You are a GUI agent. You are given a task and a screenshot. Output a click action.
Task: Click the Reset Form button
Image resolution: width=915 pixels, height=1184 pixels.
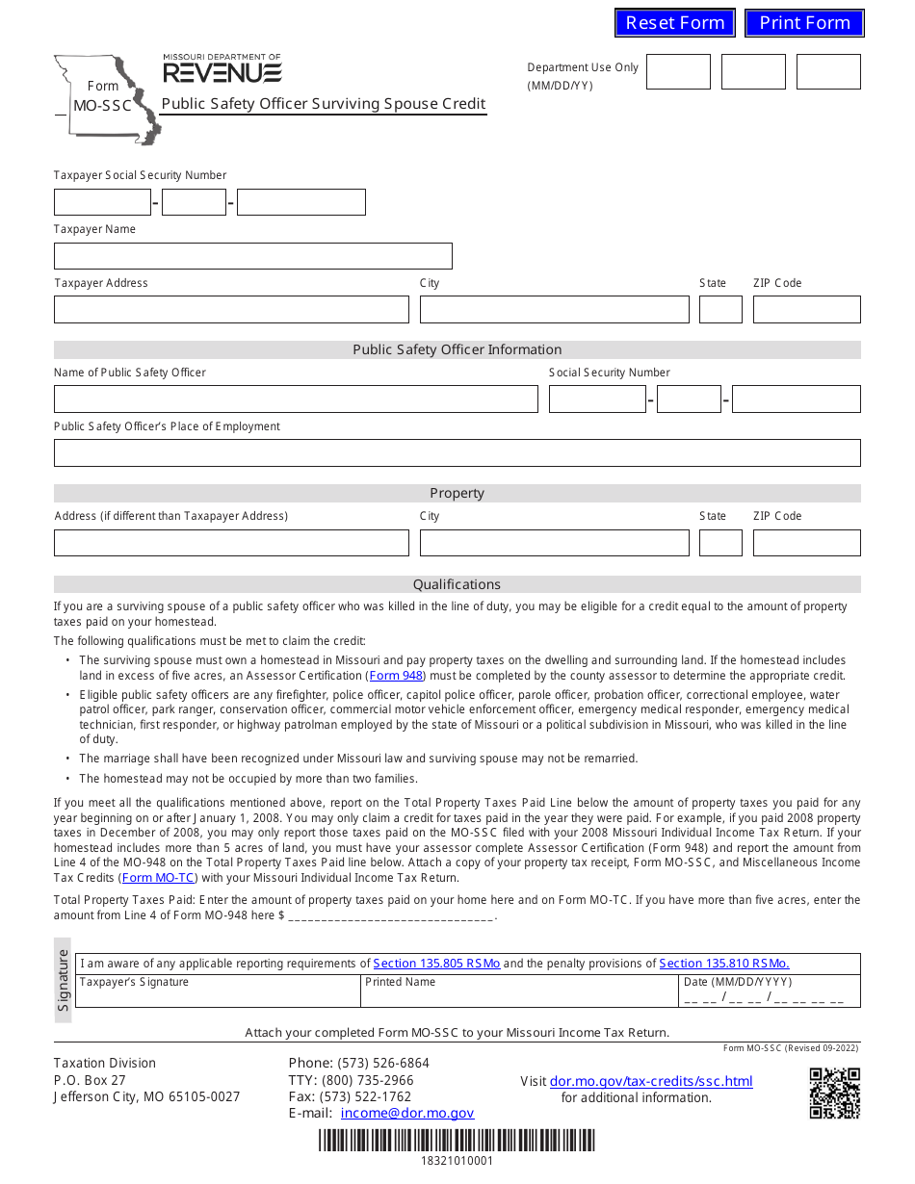click(x=674, y=23)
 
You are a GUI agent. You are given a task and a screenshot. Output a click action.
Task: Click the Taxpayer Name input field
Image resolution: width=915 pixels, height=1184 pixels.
click(x=252, y=256)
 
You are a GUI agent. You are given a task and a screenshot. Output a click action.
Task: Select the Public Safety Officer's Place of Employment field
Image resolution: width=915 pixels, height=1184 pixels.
click(x=457, y=453)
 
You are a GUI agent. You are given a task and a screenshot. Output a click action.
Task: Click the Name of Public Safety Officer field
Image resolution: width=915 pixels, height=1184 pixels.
click(x=296, y=399)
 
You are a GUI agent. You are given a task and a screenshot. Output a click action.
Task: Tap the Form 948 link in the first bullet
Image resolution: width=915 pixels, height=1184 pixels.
click(x=397, y=676)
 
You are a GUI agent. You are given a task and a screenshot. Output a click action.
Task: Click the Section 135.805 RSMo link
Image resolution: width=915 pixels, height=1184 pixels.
click(x=436, y=964)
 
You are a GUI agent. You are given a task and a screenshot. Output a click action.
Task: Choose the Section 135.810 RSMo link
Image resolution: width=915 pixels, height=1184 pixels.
click(x=723, y=964)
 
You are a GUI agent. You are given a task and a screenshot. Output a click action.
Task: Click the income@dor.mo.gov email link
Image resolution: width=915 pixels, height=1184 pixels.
click(x=407, y=1113)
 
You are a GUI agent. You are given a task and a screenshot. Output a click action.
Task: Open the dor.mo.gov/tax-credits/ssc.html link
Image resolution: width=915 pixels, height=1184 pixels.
click(x=651, y=1082)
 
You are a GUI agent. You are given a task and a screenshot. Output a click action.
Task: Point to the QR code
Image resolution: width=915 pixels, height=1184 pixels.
click(x=834, y=1094)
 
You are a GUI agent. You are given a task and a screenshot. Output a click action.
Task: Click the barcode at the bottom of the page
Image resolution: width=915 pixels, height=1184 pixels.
click(x=457, y=1141)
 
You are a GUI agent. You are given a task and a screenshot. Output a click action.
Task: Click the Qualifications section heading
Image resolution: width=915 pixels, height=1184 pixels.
click(x=457, y=584)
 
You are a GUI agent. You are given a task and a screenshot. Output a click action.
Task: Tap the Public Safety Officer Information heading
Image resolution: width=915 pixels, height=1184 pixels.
click(x=457, y=350)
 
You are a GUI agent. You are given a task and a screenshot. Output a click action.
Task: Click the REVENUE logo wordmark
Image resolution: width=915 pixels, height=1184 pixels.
click(x=222, y=73)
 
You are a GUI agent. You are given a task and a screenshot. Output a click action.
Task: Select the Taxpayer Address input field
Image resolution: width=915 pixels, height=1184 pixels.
click(x=231, y=310)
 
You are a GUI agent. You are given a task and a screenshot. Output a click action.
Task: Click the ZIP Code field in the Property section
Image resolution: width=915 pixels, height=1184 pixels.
click(x=806, y=543)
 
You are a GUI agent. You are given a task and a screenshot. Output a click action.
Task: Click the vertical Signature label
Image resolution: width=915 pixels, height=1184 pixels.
click(x=64, y=972)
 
